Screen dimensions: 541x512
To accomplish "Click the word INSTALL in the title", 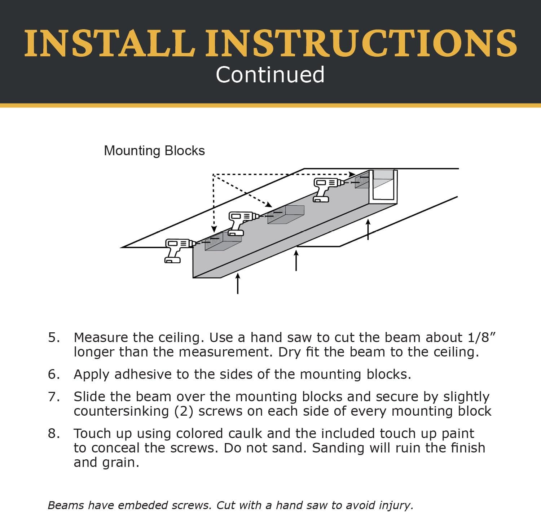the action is tap(110, 43).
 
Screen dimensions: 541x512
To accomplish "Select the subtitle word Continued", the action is tap(270, 75).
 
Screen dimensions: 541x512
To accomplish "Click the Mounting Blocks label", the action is tap(154, 151).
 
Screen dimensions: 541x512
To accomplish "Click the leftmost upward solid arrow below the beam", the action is tap(238, 283).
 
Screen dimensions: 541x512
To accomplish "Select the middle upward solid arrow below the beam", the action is tap(296, 261).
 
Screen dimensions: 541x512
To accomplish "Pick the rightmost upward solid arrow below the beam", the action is tap(368, 229).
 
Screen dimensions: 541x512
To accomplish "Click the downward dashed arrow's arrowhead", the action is tap(214, 229).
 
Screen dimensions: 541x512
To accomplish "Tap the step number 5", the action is tap(54, 338).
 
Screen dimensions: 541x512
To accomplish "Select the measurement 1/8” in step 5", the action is tap(481, 337).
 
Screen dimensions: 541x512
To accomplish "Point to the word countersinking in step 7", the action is tap(121, 411).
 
